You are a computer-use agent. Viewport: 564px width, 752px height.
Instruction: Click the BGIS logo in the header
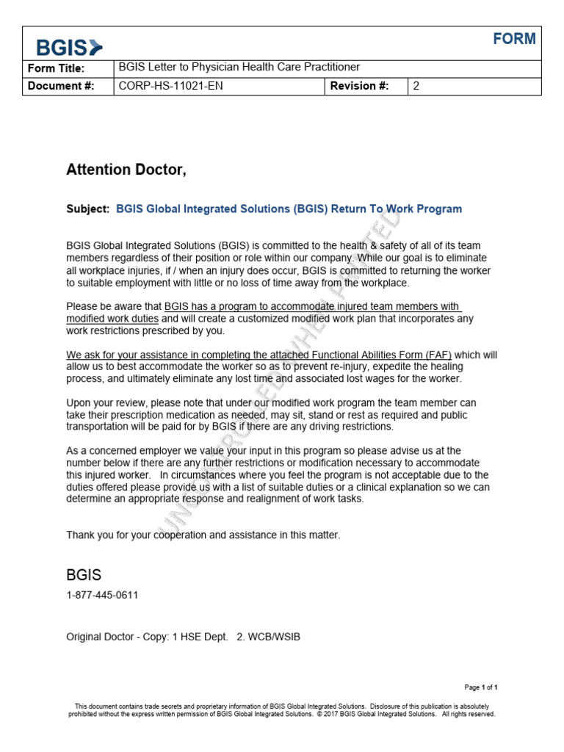[70, 48]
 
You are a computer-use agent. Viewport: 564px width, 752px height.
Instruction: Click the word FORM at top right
[514, 40]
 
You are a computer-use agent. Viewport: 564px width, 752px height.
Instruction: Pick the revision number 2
[416, 86]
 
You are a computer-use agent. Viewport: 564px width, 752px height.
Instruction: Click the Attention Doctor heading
[126, 170]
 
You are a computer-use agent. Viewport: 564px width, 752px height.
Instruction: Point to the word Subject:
[88, 209]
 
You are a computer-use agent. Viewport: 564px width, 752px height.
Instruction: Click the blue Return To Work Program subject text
[397, 209]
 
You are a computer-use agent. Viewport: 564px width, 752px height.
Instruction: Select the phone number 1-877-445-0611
[102, 595]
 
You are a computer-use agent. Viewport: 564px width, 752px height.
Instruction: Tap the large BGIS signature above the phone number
[84, 574]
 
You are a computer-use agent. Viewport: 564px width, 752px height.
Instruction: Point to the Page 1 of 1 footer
[481, 687]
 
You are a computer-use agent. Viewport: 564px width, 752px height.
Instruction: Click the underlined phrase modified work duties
[112, 319]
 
